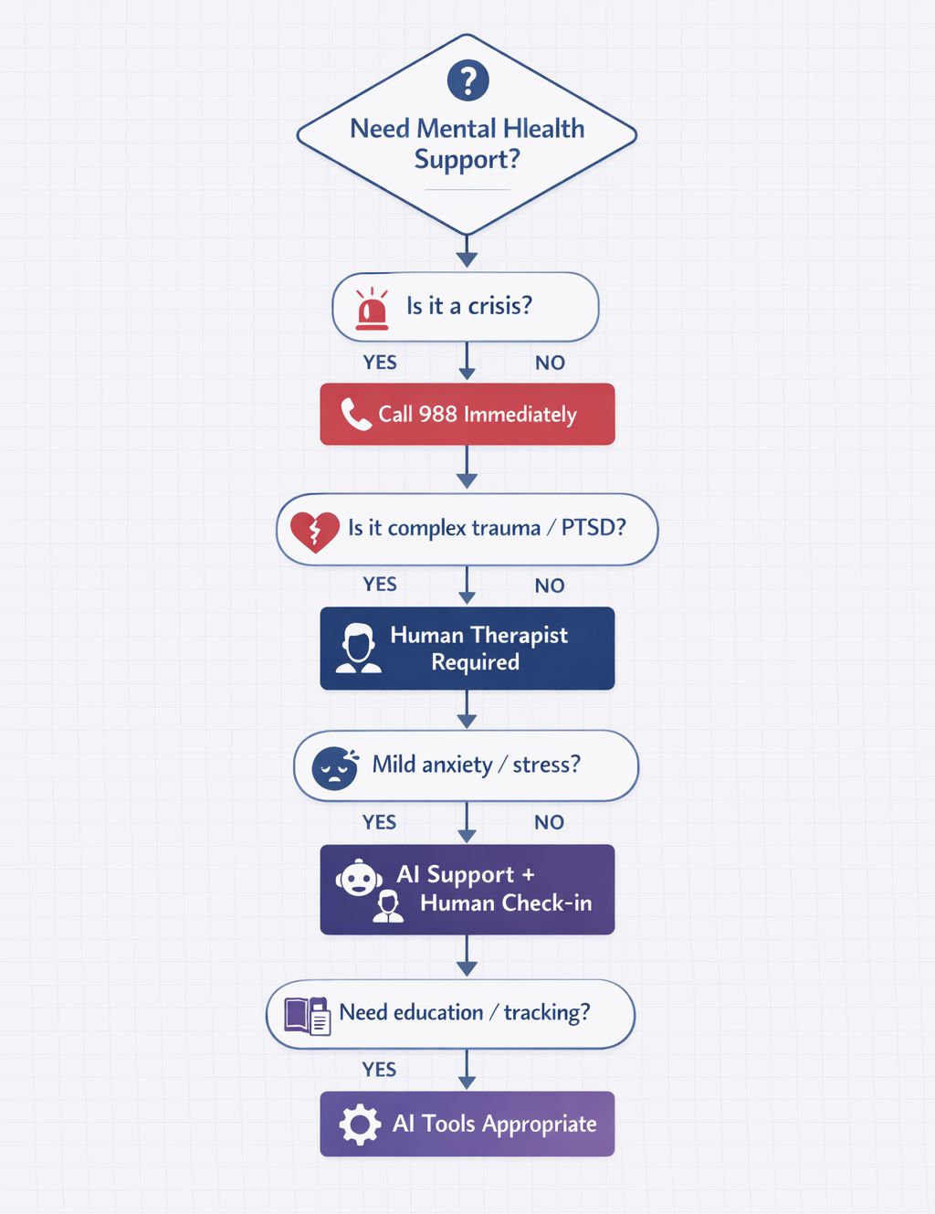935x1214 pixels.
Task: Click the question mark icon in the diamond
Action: point(467,80)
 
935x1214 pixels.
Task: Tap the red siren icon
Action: point(372,308)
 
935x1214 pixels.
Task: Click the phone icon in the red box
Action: point(355,414)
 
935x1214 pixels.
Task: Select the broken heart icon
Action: point(314,531)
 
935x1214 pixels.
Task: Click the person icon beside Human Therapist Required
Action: point(358,649)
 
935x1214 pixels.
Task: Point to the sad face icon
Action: point(334,767)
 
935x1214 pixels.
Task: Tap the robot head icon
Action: point(359,878)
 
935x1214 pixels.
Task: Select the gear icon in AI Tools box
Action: point(360,1124)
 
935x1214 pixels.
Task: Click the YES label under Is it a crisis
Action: point(380,363)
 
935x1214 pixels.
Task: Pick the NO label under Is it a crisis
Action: point(550,363)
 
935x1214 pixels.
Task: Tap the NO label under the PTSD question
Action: point(550,586)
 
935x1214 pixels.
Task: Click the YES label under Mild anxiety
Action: point(379,822)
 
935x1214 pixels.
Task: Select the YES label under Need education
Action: point(379,1070)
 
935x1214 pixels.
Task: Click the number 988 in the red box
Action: point(437,414)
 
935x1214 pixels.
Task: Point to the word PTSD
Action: point(593,528)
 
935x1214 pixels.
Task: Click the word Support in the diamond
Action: point(466,160)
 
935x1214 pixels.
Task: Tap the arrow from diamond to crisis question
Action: point(467,251)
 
